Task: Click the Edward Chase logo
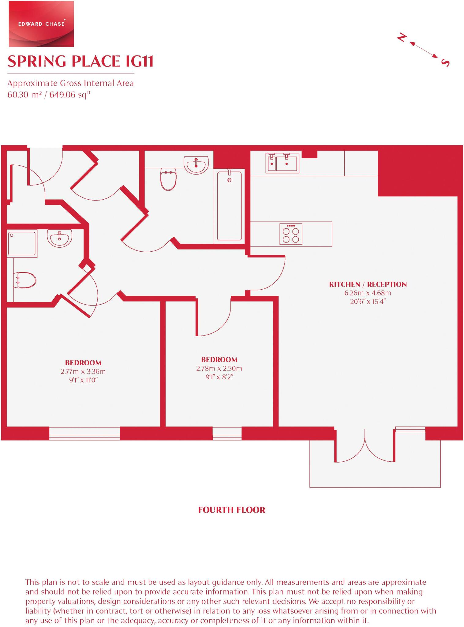click(41, 24)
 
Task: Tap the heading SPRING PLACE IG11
click(80, 61)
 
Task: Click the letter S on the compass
click(445, 62)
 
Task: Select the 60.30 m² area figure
click(24, 95)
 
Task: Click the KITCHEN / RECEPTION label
click(368, 284)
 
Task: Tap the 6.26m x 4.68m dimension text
click(368, 293)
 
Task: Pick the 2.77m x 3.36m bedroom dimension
click(83, 372)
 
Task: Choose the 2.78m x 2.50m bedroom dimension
click(219, 368)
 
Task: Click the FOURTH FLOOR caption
click(232, 510)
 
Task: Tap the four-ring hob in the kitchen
click(291, 234)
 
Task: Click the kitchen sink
click(282, 163)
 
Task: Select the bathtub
click(229, 206)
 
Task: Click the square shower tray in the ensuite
click(22, 243)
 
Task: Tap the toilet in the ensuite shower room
click(25, 280)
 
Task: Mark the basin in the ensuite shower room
click(60, 238)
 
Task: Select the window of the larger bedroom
click(84, 434)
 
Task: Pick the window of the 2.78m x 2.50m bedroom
click(227, 434)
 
